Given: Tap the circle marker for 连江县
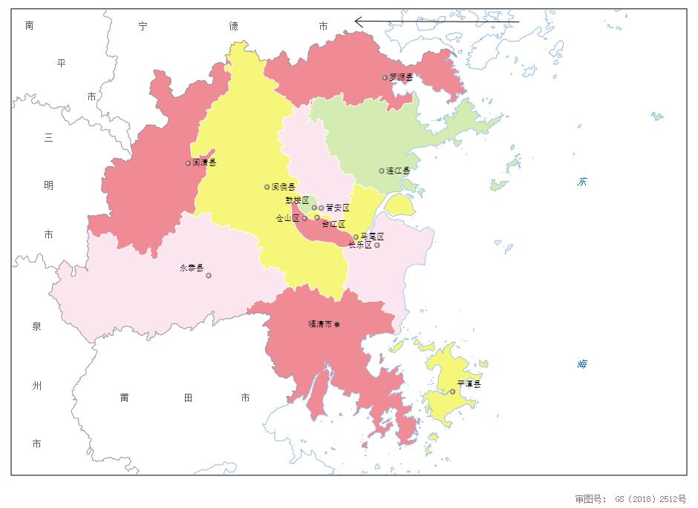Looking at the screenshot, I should coord(382,171).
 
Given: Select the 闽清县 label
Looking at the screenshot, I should coord(204,162).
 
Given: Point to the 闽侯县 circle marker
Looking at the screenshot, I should coord(267,187).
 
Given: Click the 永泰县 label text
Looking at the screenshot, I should coord(192,268).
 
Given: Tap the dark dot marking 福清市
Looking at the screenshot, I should coord(337,324).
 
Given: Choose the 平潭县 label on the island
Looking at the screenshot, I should coord(469,384).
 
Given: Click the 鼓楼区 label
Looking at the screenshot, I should coord(297,200).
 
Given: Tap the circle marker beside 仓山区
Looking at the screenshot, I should coord(304,219).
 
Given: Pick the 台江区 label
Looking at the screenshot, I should coord(333,224).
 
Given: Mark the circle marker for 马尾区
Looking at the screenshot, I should coord(356,237).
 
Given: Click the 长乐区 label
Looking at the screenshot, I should coord(359,245).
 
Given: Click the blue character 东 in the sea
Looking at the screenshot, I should coord(583,182).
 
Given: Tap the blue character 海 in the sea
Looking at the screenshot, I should coord(583,364).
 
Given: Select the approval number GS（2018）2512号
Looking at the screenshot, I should coord(650,498).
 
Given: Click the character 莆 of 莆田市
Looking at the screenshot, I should coord(125,398).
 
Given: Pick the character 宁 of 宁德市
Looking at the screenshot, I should coord(143,26).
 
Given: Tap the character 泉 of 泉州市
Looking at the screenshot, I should coord(36,327).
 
